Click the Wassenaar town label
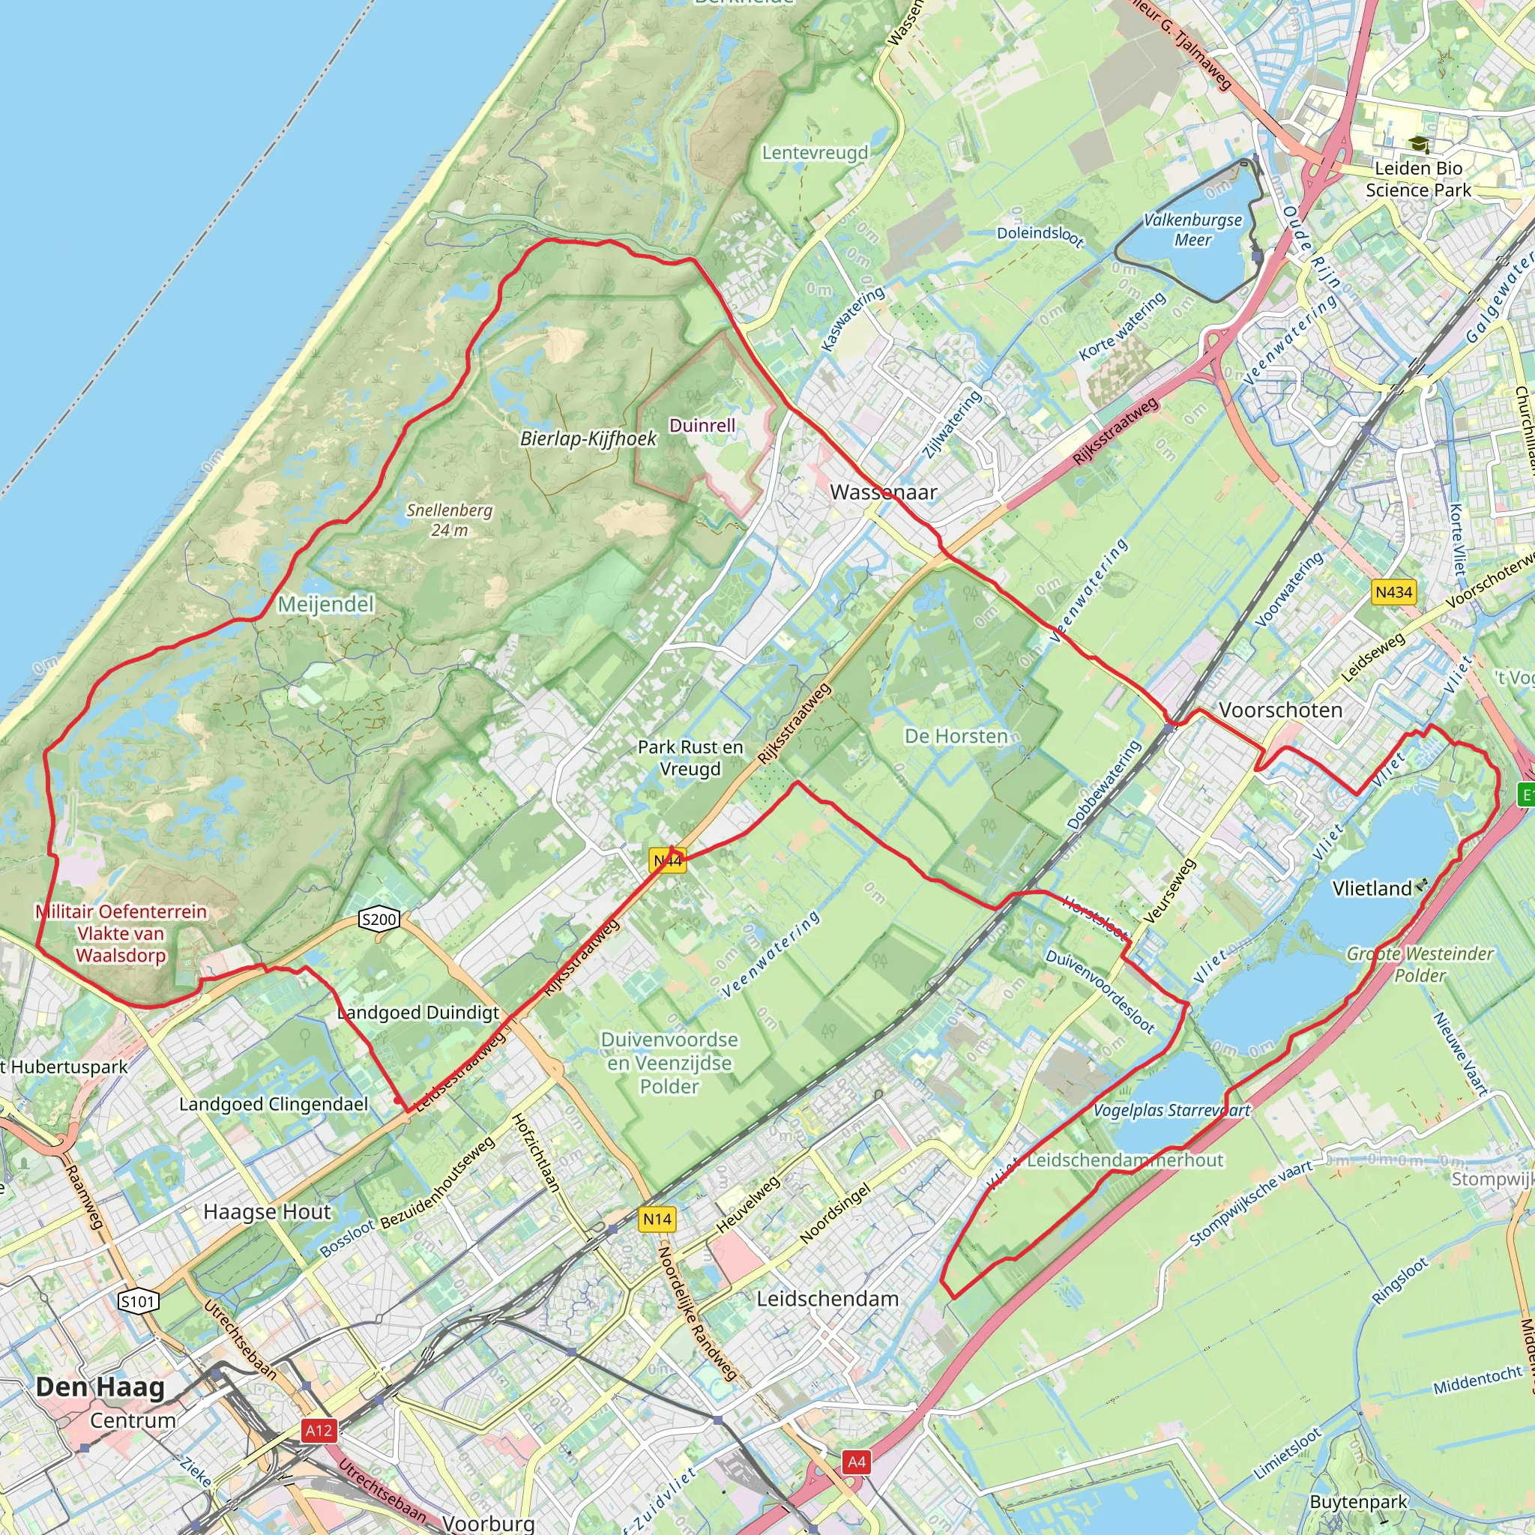[x=883, y=492]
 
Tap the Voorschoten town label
[x=1280, y=710]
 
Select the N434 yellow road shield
[x=1393, y=592]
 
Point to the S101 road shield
[x=138, y=1301]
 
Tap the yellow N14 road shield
[x=657, y=1219]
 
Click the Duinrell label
[x=702, y=425]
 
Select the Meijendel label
[x=326, y=605]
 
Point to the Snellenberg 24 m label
[x=450, y=519]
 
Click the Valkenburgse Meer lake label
[x=1192, y=229]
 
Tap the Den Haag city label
[x=100, y=1387]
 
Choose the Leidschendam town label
[x=827, y=1299]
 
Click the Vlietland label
[x=1372, y=888]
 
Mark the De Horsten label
[x=956, y=737]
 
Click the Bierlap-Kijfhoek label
[x=588, y=438]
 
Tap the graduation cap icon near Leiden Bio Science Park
[x=1419, y=145]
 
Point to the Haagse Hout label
[x=267, y=1212]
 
